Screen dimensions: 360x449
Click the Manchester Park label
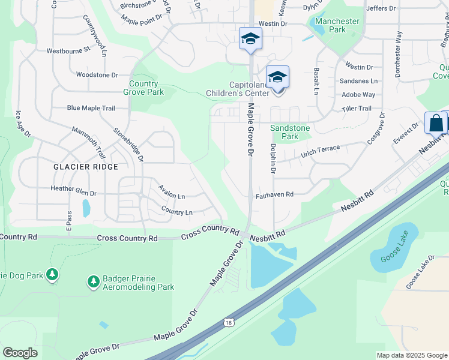[x=337, y=25]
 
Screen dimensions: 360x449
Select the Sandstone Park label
[x=290, y=132]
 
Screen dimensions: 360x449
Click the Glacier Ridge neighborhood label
[x=85, y=166]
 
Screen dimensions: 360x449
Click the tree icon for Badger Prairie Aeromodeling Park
[x=93, y=281]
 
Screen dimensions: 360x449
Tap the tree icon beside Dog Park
[x=52, y=275]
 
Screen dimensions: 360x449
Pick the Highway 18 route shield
[x=229, y=323]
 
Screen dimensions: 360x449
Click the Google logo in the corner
[x=20, y=353]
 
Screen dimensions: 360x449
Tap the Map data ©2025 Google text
[x=412, y=355]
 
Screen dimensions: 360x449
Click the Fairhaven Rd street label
[x=274, y=194]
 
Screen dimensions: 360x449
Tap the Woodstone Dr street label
[x=97, y=75]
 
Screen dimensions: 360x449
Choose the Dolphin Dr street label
[x=273, y=158]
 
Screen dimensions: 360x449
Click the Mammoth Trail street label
[x=88, y=139]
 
